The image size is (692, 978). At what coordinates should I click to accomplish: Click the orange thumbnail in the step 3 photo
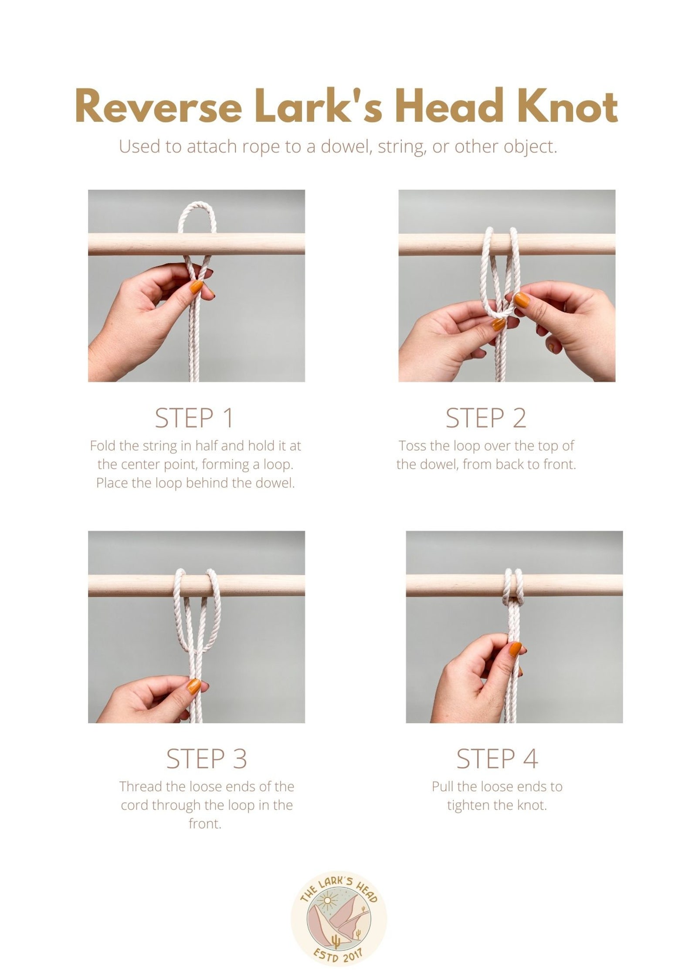coord(194,687)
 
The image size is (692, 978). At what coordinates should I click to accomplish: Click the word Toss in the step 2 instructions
coord(412,446)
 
